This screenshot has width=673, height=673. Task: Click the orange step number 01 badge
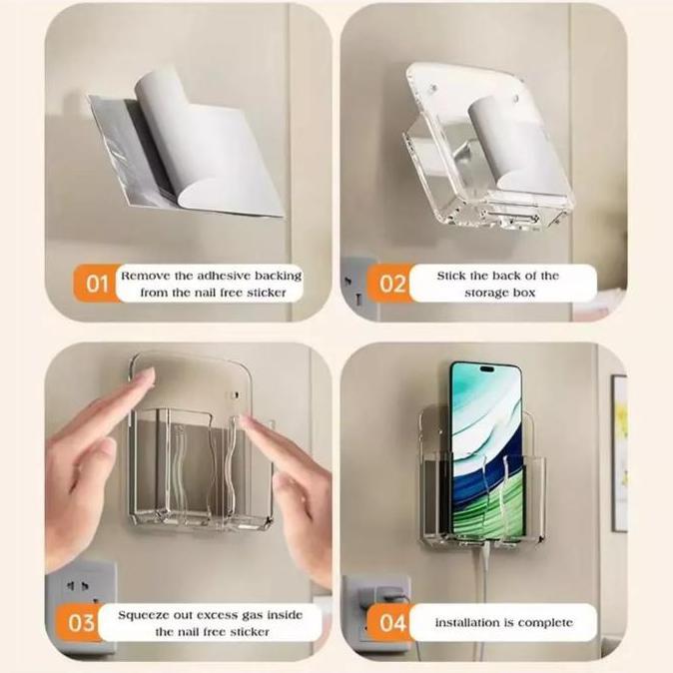(96, 284)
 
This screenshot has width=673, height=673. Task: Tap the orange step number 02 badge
(392, 284)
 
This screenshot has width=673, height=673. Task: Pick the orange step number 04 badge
(392, 622)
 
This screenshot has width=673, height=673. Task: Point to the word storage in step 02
(485, 293)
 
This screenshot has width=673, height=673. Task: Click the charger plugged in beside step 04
(385, 595)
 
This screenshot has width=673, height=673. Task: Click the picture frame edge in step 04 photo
(619, 449)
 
